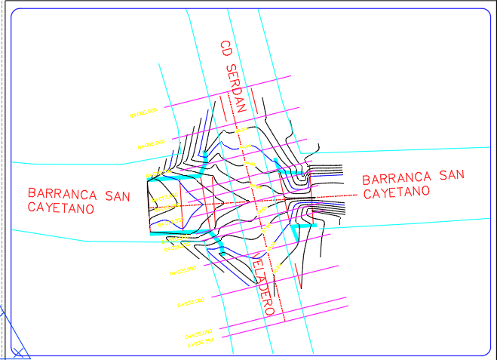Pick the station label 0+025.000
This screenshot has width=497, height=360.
click(182, 269)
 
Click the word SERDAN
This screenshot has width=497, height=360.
click(235, 88)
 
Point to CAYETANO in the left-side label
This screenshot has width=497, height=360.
click(60, 207)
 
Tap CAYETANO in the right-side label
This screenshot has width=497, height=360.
click(396, 193)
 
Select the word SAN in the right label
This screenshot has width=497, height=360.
click(451, 175)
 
